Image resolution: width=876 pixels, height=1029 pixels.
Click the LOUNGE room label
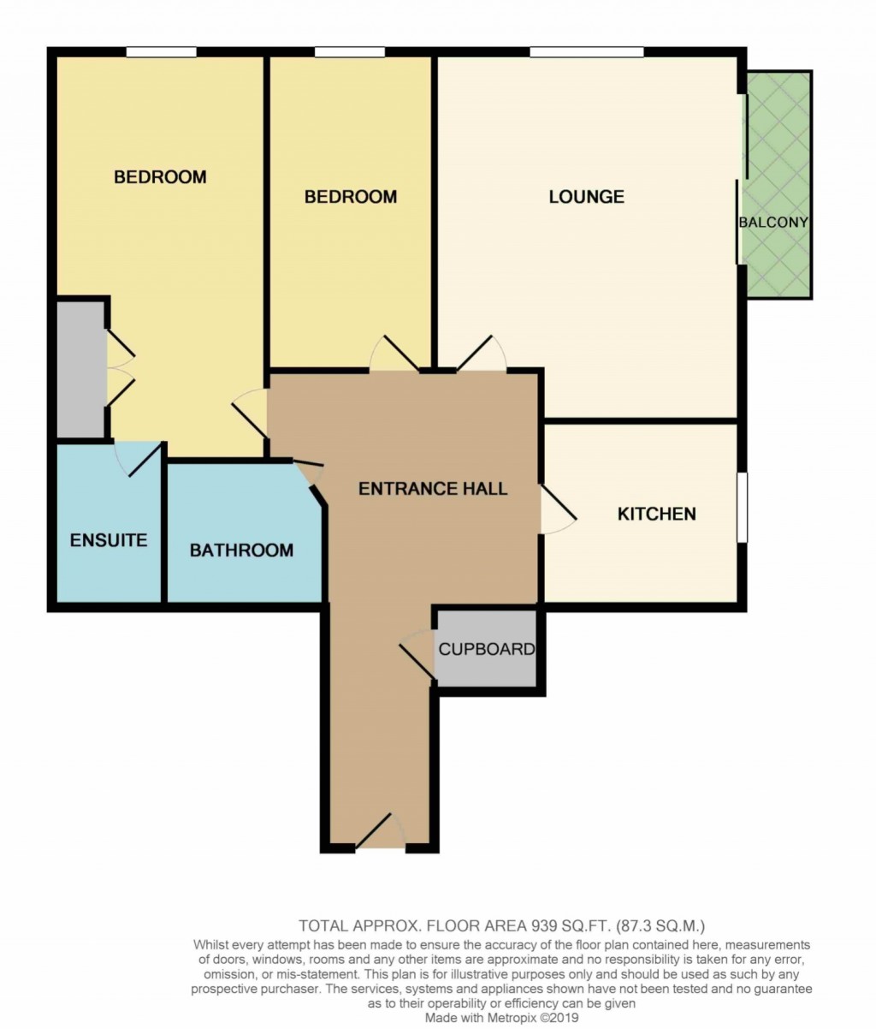click(586, 197)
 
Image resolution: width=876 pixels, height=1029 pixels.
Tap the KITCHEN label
click(656, 514)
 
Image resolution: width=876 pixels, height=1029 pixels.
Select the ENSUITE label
click(109, 540)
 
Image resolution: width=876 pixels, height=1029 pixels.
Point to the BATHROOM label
click(241, 550)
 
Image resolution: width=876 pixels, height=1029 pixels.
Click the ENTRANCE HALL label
click(432, 489)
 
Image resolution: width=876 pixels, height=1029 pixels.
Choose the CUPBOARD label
click(487, 649)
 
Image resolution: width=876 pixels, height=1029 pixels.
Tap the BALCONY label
click(773, 223)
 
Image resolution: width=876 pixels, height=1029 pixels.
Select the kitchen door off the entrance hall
click(557, 511)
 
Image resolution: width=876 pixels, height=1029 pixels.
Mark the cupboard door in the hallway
click(417, 655)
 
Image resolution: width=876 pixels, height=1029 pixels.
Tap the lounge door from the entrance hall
click(480, 354)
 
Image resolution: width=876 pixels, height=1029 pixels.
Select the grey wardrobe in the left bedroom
click(80, 368)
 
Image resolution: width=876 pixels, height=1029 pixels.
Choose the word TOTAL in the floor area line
click(323, 925)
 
